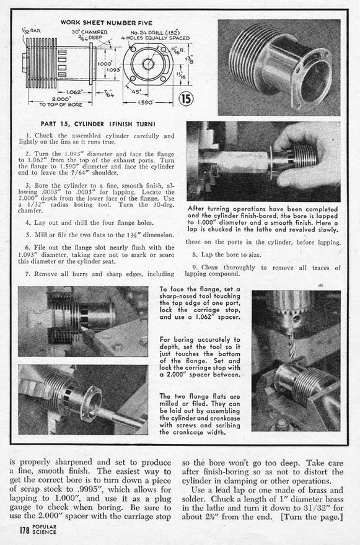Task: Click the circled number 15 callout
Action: [186, 99]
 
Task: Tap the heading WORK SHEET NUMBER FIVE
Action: [107, 22]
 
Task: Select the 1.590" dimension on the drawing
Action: [147, 103]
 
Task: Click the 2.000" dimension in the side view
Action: [61, 98]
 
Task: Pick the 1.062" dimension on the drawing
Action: [74, 92]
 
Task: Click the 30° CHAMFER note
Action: [89, 32]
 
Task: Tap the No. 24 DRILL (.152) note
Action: [155, 32]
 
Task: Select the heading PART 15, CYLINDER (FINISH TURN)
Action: [98, 124]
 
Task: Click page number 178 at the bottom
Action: [24, 530]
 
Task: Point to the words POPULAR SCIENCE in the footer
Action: [44, 530]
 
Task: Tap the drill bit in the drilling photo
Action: [291, 345]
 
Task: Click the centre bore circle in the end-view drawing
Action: [148, 63]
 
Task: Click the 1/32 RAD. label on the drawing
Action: [32, 30]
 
